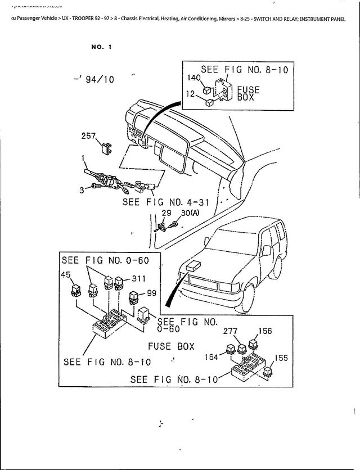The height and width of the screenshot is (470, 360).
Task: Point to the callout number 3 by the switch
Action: point(82,190)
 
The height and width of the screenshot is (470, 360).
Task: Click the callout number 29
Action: point(166,214)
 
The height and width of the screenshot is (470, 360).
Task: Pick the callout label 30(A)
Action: point(190,214)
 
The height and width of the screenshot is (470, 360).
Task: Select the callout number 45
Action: point(66,274)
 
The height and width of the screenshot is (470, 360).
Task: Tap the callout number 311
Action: point(138,278)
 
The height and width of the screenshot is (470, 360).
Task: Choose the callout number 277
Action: point(231,331)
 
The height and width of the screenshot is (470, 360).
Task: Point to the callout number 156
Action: point(265,331)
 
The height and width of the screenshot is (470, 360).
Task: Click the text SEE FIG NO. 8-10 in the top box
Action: point(244,70)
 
